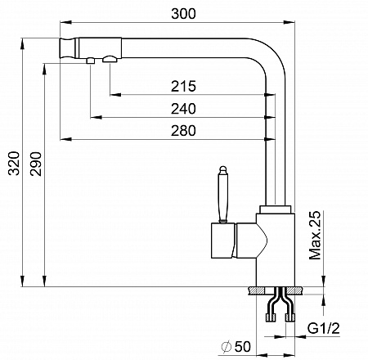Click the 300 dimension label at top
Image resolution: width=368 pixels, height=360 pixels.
pos(183,14)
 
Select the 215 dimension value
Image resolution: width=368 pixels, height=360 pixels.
pos(183,86)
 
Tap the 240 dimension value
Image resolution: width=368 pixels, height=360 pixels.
pos(183,109)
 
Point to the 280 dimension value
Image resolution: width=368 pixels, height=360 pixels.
pos(183,131)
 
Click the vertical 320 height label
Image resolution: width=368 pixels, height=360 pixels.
pos(14,164)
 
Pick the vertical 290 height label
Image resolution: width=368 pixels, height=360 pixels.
pos(36,164)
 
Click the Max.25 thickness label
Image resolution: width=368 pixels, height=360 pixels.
pos(315,235)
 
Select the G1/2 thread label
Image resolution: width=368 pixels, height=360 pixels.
pos(324,328)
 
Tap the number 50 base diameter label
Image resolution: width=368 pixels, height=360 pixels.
pos(243,347)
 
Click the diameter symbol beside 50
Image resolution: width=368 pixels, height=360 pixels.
pos(227,347)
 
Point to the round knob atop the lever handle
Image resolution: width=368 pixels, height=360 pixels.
pos(223,169)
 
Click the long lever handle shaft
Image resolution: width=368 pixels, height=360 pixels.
pos(223,197)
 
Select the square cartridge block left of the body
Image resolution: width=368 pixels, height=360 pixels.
pos(223,241)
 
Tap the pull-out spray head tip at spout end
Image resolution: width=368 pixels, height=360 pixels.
pos(67,48)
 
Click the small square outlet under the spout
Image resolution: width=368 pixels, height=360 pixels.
pos(91,61)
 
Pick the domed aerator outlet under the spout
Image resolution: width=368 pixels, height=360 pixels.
pos(110,59)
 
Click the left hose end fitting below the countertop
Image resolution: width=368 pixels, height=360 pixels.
pos(272,317)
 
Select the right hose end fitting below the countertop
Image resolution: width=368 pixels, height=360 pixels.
pos(290,317)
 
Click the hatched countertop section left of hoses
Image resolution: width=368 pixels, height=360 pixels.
pos(256,290)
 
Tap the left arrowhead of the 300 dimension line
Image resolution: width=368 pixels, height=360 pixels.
pos(65,22)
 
